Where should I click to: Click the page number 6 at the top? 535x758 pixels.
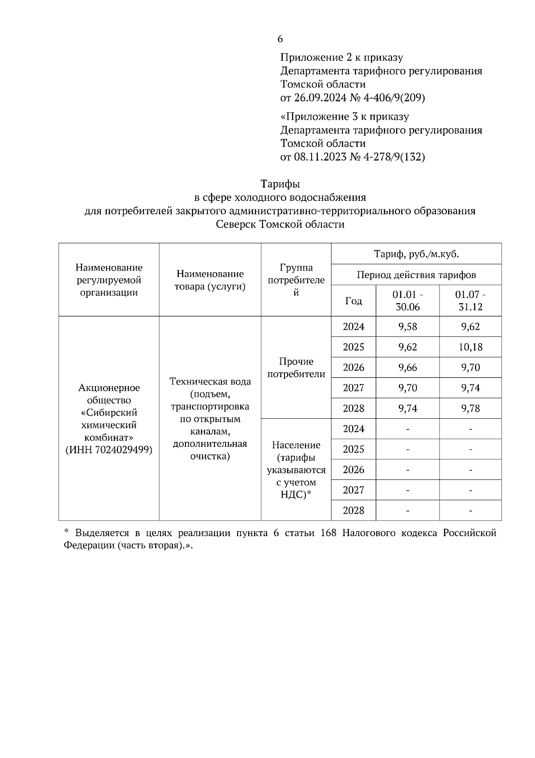click(x=280, y=39)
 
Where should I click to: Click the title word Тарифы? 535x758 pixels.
click(x=280, y=184)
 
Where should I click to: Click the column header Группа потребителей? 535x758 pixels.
click(x=296, y=280)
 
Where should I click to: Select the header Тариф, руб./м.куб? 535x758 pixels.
click(x=416, y=254)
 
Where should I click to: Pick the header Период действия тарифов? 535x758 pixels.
click(x=416, y=275)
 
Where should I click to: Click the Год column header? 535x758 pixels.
click(x=354, y=301)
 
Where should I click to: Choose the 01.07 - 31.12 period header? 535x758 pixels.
click(x=470, y=301)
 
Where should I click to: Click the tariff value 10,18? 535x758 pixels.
click(x=470, y=347)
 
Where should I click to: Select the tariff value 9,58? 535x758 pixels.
click(x=407, y=327)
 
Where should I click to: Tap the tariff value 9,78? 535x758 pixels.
click(x=470, y=408)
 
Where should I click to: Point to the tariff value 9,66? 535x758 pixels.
click(x=407, y=367)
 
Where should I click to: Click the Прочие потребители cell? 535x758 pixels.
click(x=296, y=367)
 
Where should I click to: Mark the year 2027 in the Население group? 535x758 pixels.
click(x=354, y=490)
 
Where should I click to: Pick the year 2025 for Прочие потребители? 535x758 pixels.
click(x=354, y=347)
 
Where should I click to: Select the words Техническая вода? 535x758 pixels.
click(x=210, y=382)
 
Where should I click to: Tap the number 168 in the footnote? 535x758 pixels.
click(x=329, y=533)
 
